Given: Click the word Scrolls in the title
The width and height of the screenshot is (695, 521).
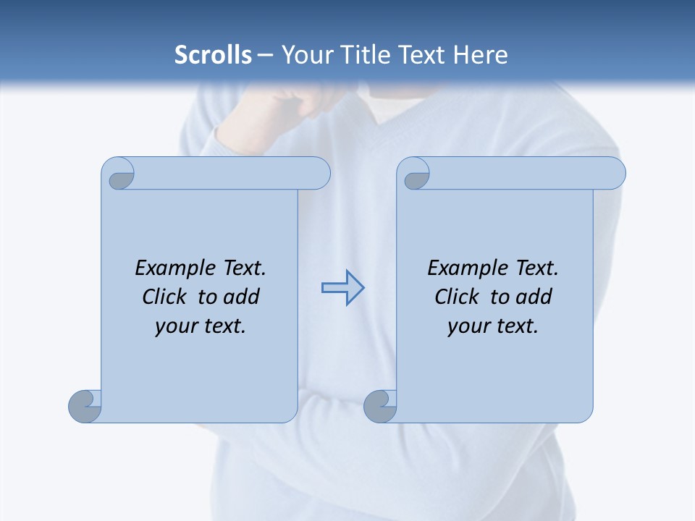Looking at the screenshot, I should (213, 55).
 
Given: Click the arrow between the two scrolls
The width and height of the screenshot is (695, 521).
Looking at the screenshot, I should (342, 288).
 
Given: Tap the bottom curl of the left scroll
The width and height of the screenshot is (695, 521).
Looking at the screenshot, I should (85, 407).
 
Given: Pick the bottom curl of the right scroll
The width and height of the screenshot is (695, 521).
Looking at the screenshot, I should (380, 407).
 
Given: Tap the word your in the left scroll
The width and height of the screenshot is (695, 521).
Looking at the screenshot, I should (174, 326).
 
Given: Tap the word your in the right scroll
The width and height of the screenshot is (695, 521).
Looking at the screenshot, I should (467, 326).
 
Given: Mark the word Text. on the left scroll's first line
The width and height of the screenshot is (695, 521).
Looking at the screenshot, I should (243, 268).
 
